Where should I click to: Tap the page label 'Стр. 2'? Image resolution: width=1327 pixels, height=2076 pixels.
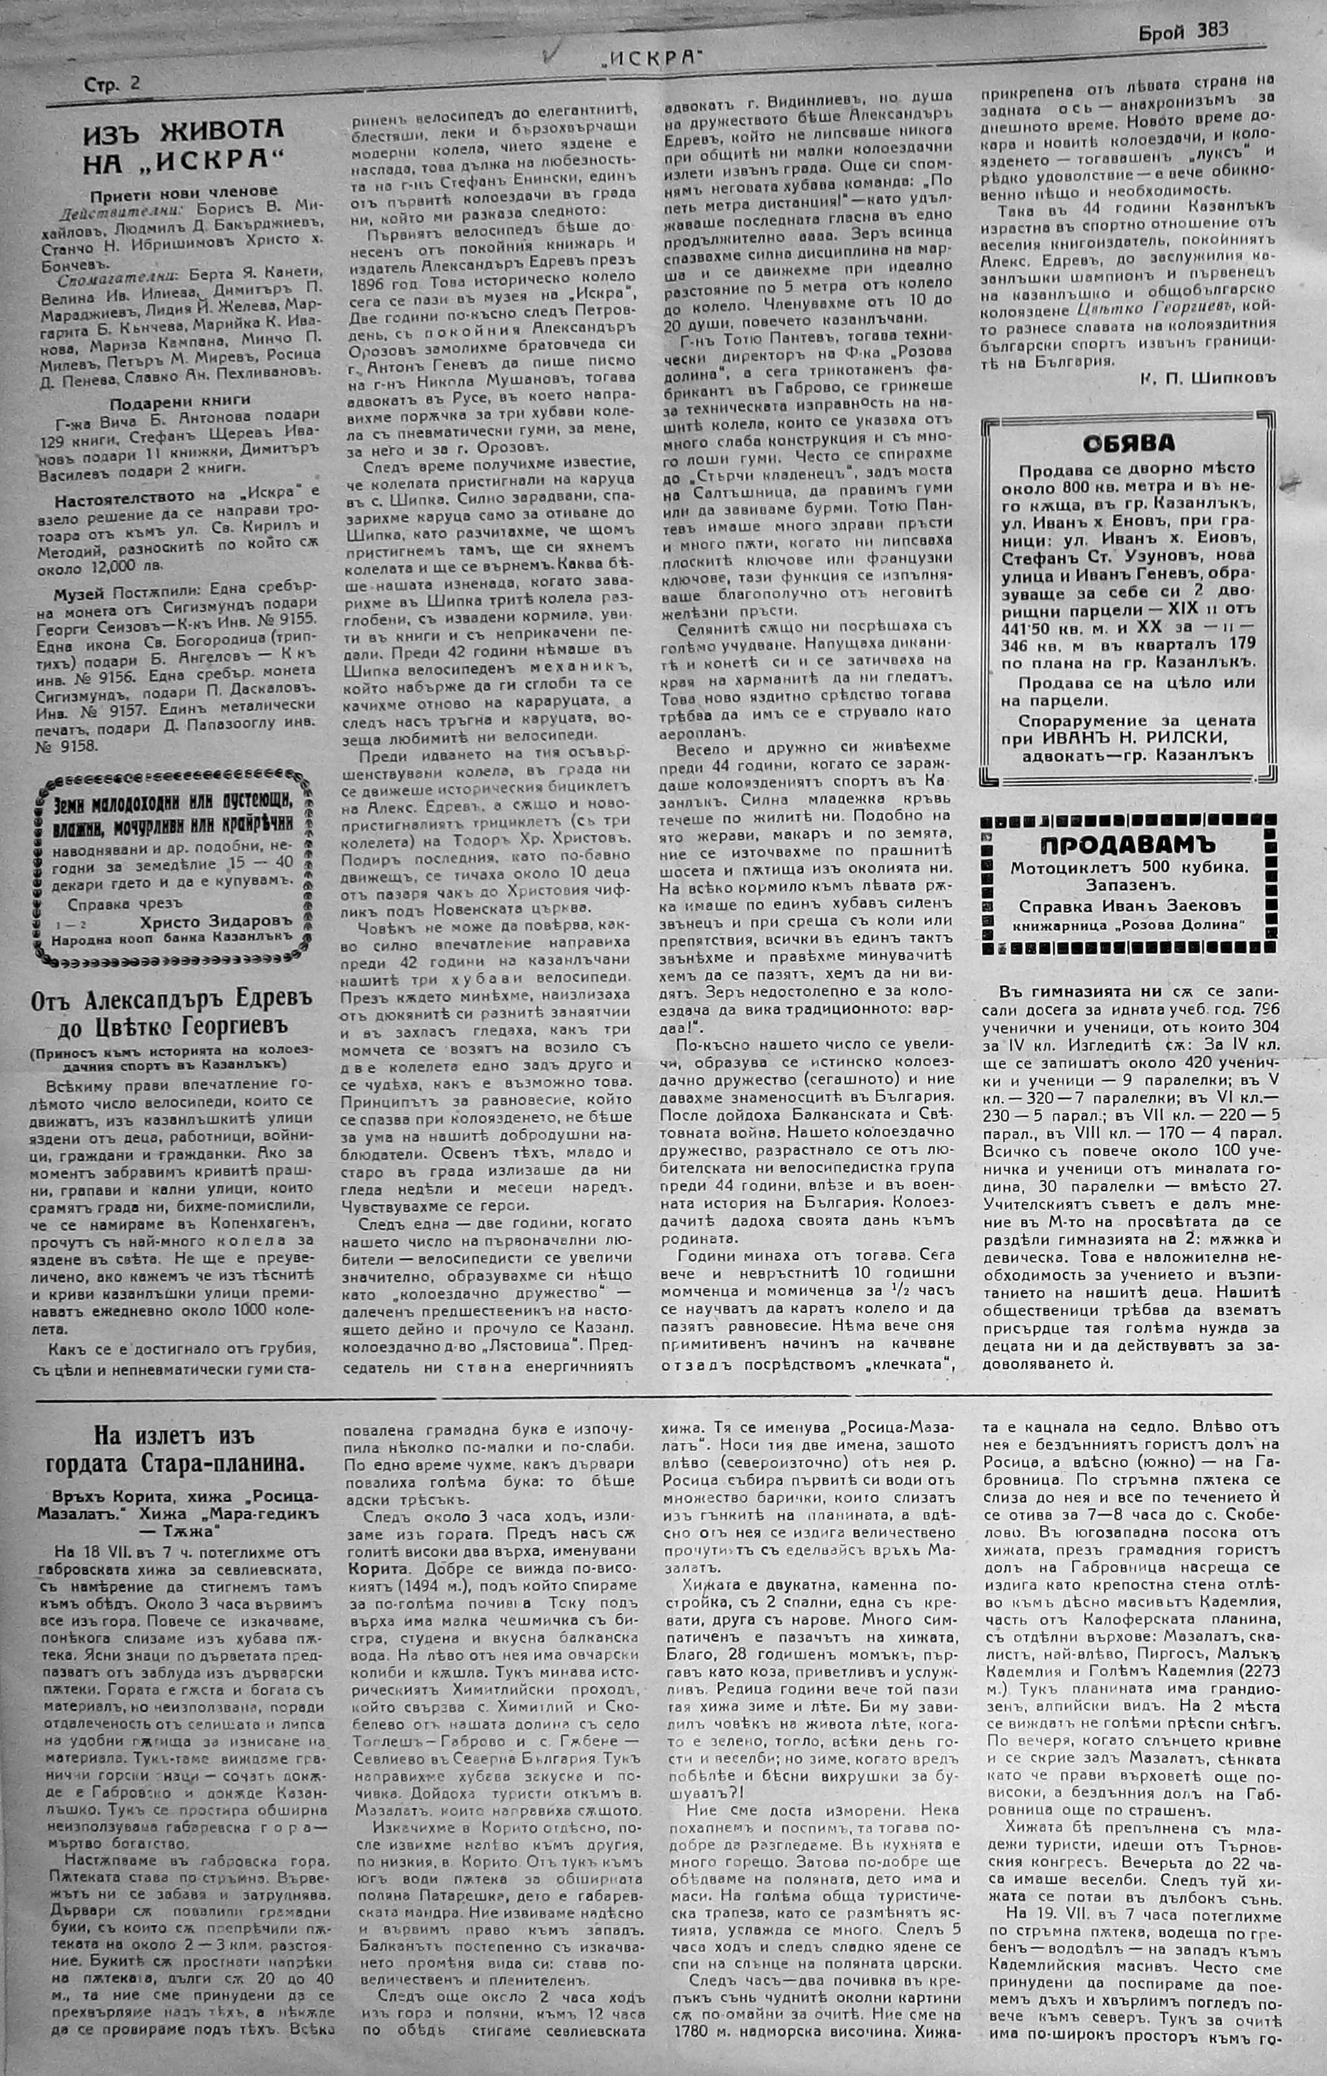pos(112,83)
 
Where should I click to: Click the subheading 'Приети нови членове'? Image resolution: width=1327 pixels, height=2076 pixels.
pos(183,192)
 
